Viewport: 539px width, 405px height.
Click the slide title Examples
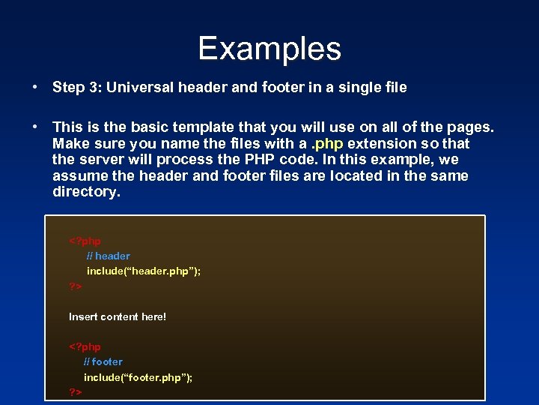[269, 49]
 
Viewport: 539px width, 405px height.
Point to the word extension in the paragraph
[381, 143]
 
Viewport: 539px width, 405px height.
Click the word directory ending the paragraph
[85, 192]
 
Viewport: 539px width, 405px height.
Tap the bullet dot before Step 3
[35, 88]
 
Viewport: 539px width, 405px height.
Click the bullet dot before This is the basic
[35, 127]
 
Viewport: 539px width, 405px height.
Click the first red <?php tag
[85, 241]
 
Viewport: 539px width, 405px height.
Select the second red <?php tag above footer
[85, 347]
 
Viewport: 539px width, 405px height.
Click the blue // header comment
[108, 256]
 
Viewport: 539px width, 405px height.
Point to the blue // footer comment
[103, 362]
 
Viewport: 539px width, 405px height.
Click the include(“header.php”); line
[144, 271]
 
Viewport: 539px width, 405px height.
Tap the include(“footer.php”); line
[138, 377]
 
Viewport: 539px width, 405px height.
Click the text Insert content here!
[118, 317]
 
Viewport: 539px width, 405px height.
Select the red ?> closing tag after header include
[76, 286]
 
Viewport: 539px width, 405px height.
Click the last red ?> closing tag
[76, 392]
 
